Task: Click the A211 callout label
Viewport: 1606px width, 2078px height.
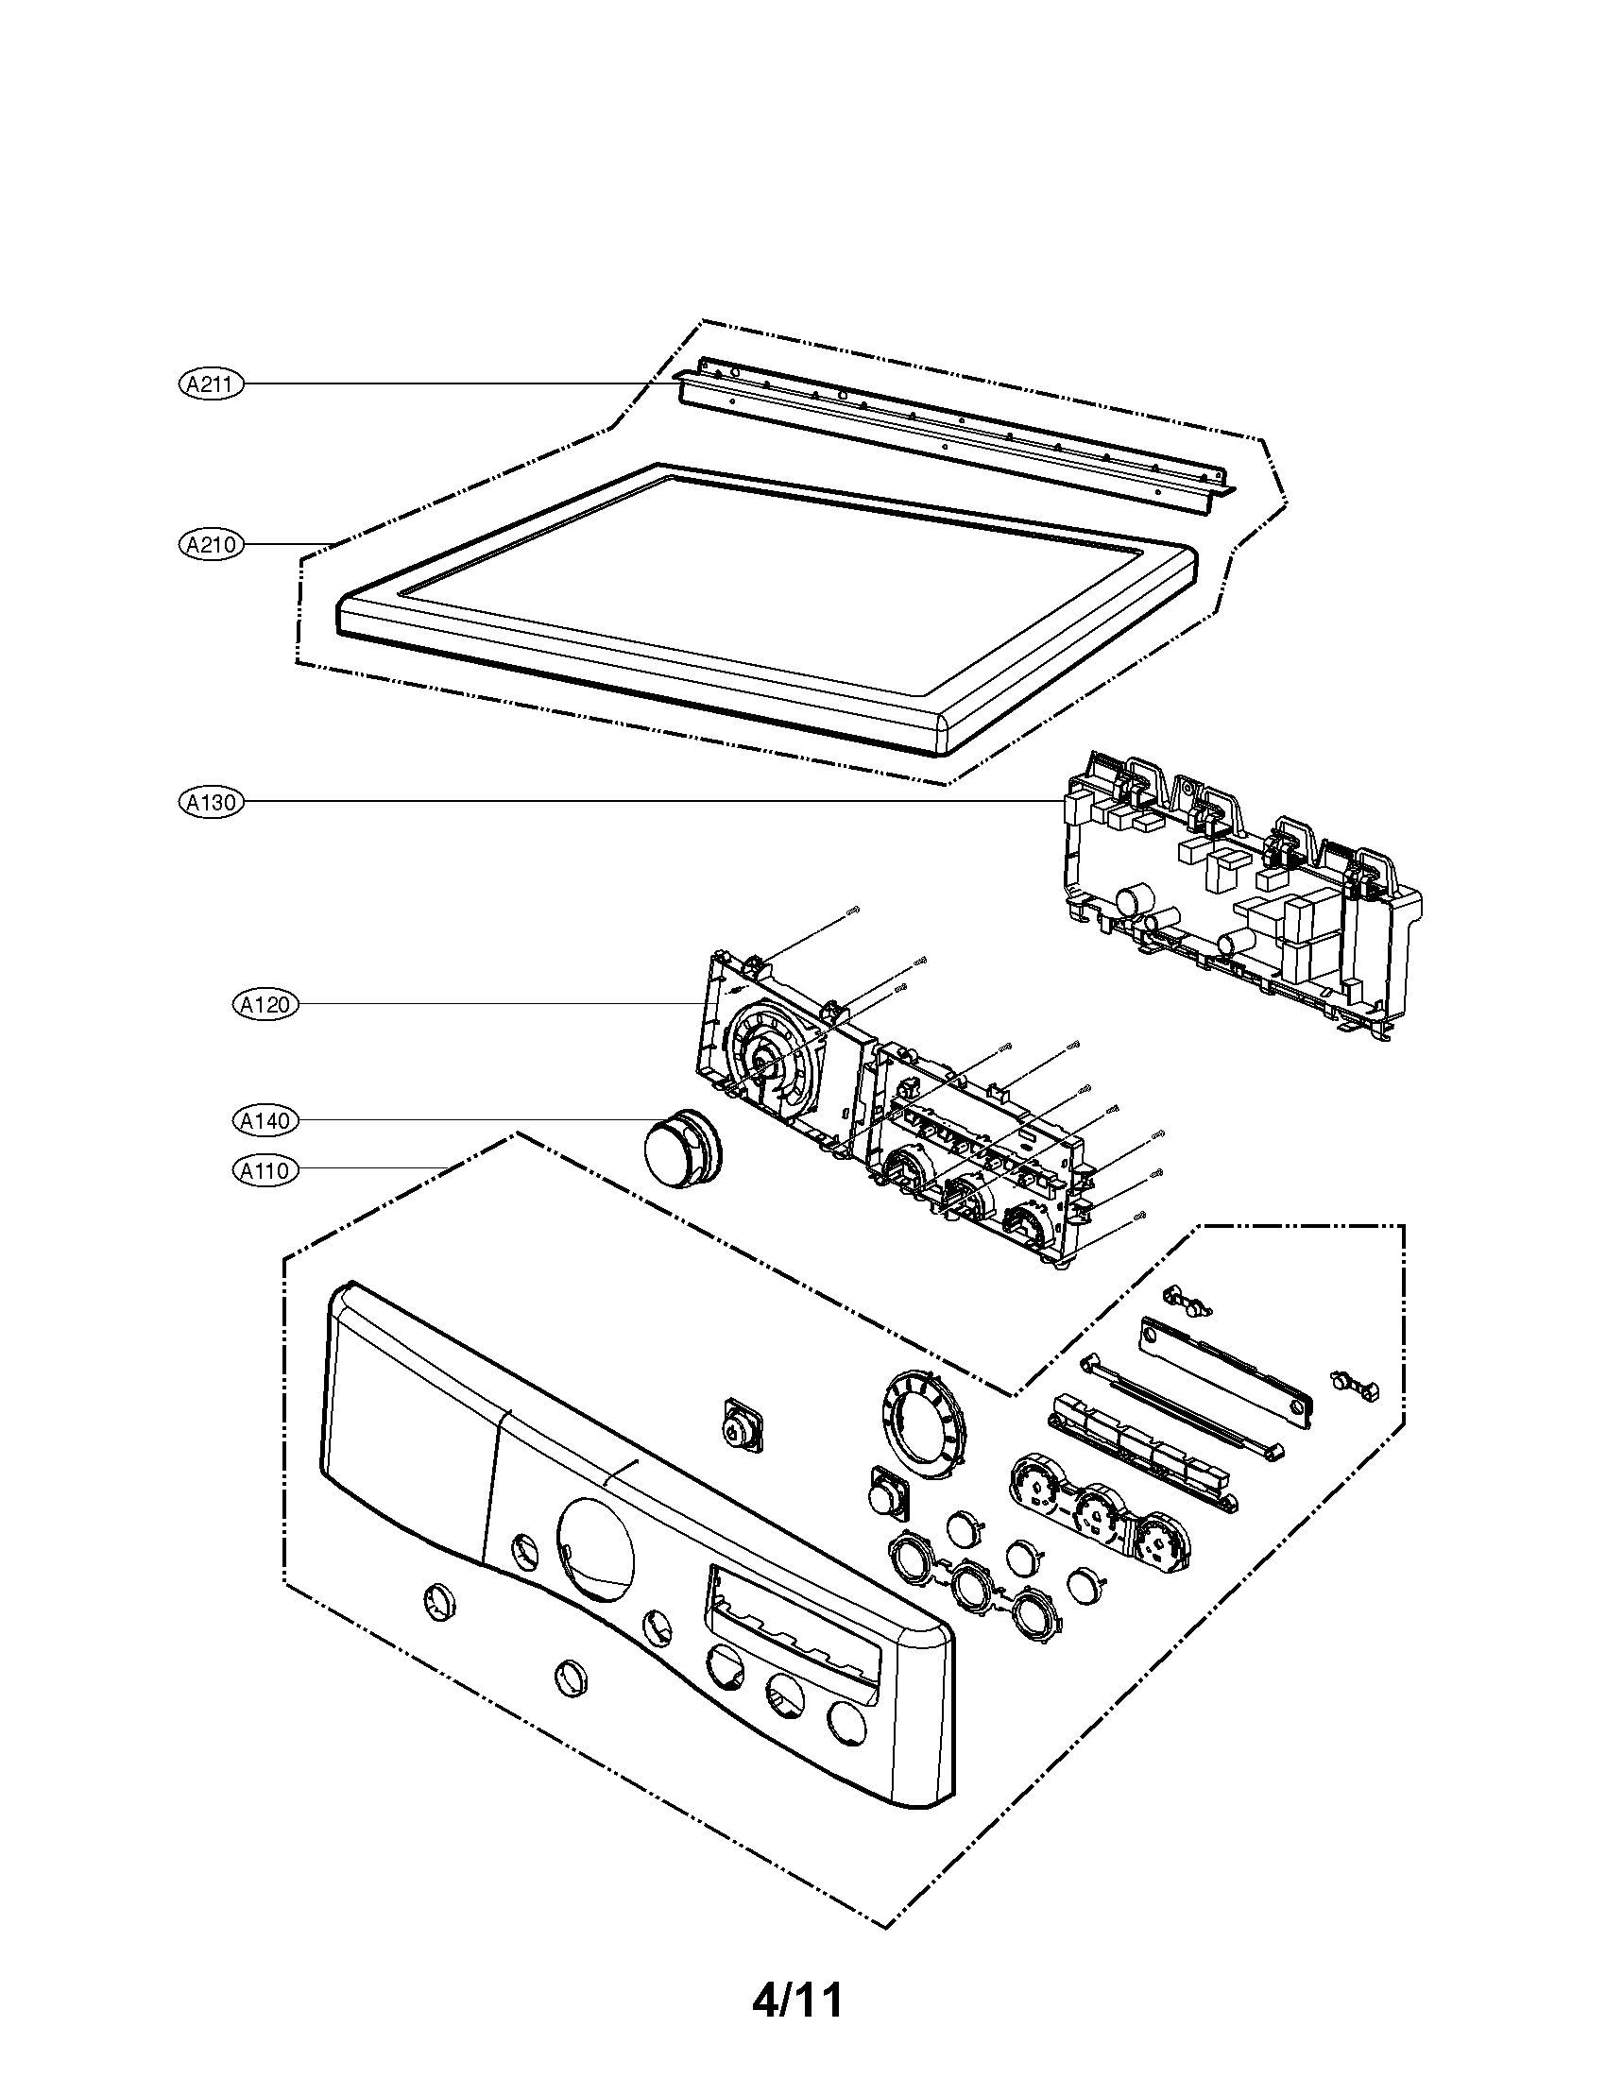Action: (x=212, y=384)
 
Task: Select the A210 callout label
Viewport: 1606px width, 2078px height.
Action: (x=212, y=545)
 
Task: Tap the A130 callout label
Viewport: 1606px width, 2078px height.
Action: (x=212, y=802)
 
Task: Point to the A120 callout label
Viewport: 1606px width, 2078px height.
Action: (x=265, y=1004)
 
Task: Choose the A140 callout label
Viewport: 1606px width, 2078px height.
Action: (x=265, y=1121)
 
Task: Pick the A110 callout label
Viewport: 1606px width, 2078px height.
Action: (x=265, y=1169)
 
